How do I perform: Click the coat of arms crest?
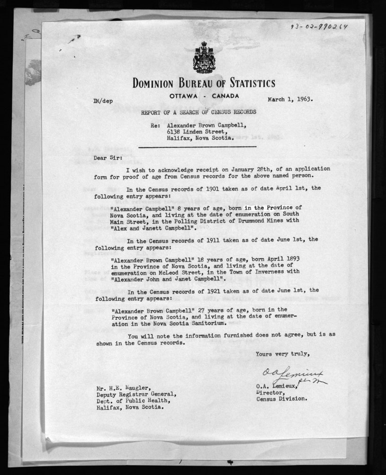pos(204,57)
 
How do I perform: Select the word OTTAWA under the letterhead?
pos(184,97)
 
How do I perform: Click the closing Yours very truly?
pos(282,353)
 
